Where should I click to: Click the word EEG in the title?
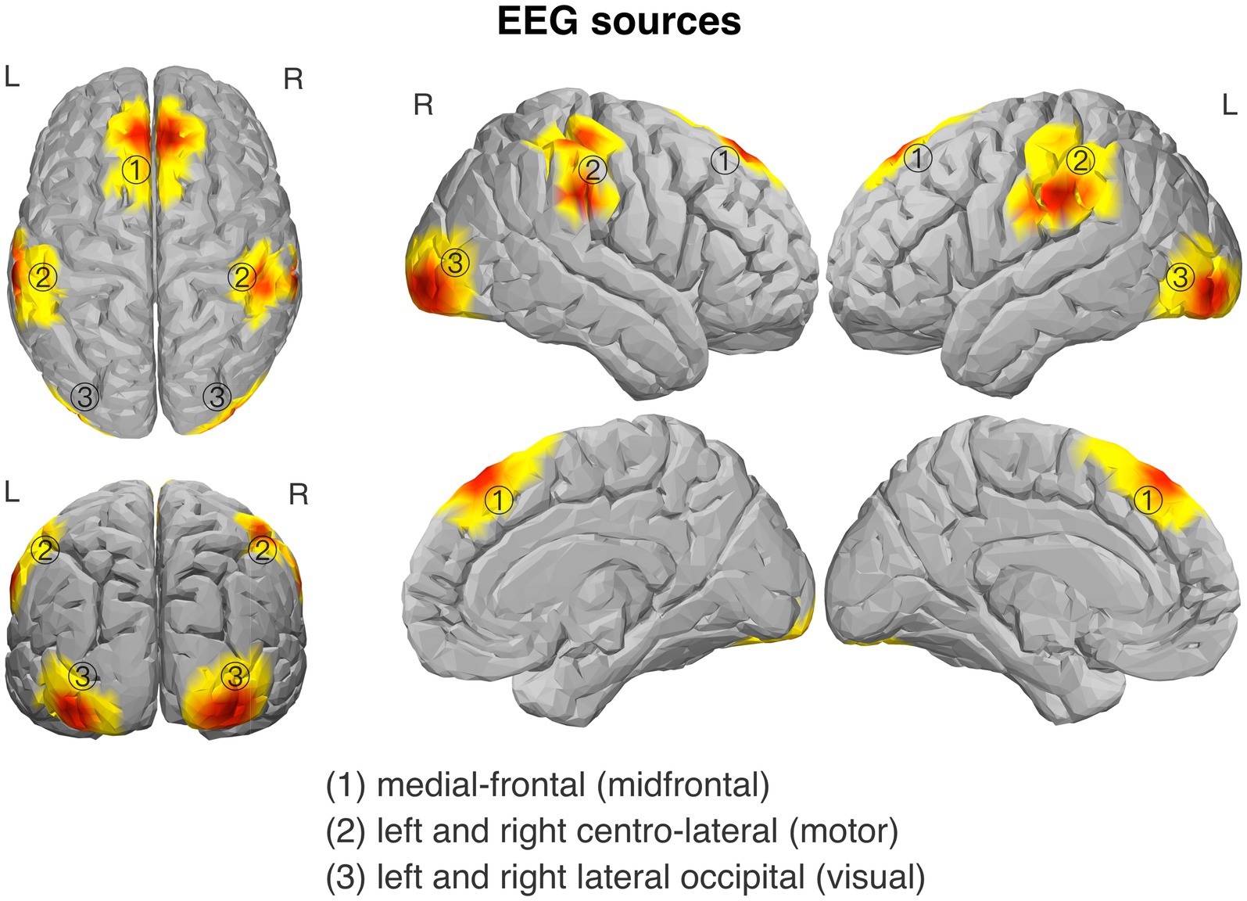(x=539, y=21)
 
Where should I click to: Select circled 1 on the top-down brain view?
(x=136, y=169)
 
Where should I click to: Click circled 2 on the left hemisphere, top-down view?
(x=43, y=276)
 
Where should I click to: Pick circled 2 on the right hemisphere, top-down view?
(x=242, y=276)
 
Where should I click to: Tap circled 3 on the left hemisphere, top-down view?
(x=84, y=397)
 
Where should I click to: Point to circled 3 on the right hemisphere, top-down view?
(x=217, y=397)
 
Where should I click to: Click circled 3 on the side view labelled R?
(x=455, y=262)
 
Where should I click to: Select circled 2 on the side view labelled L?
(x=1080, y=161)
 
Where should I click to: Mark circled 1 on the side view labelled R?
(x=725, y=160)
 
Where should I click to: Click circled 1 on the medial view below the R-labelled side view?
(x=499, y=500)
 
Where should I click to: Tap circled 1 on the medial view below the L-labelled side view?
(x=1148, y=500)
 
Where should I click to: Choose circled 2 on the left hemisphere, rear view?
(x=45, y=551)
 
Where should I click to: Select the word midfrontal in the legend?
(x=683, y=784)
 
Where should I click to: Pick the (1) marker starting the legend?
(x=346, y=784)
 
